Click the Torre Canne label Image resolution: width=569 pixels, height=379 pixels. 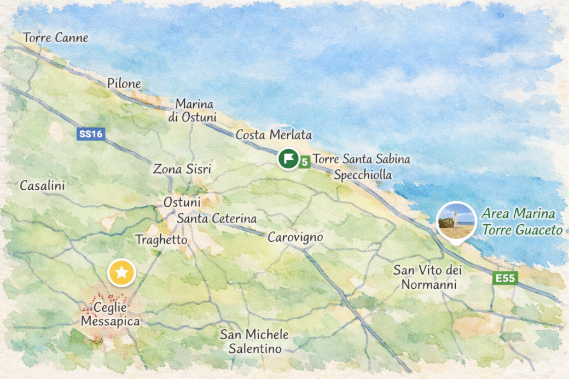55,38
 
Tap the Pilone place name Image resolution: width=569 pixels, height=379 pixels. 124,84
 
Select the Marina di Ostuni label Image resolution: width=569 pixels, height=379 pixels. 196,110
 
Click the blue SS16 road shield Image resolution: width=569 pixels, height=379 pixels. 91,134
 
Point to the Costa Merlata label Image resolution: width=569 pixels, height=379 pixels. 274,135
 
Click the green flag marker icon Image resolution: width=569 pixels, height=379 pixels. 288,159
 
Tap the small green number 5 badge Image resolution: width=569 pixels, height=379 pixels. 304,161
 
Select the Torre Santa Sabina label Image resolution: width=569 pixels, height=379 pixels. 361,160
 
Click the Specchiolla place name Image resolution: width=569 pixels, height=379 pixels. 363,175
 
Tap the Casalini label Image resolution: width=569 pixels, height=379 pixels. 42,185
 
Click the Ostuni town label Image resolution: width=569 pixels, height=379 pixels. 182,202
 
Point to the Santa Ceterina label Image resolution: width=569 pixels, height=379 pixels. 217,219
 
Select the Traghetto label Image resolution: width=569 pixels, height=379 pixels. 161,240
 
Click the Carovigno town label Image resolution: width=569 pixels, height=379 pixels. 295,237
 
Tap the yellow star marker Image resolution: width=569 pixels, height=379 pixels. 121,272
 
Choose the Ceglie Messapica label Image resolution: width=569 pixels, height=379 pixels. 111,314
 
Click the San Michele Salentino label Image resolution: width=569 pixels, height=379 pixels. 254,341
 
